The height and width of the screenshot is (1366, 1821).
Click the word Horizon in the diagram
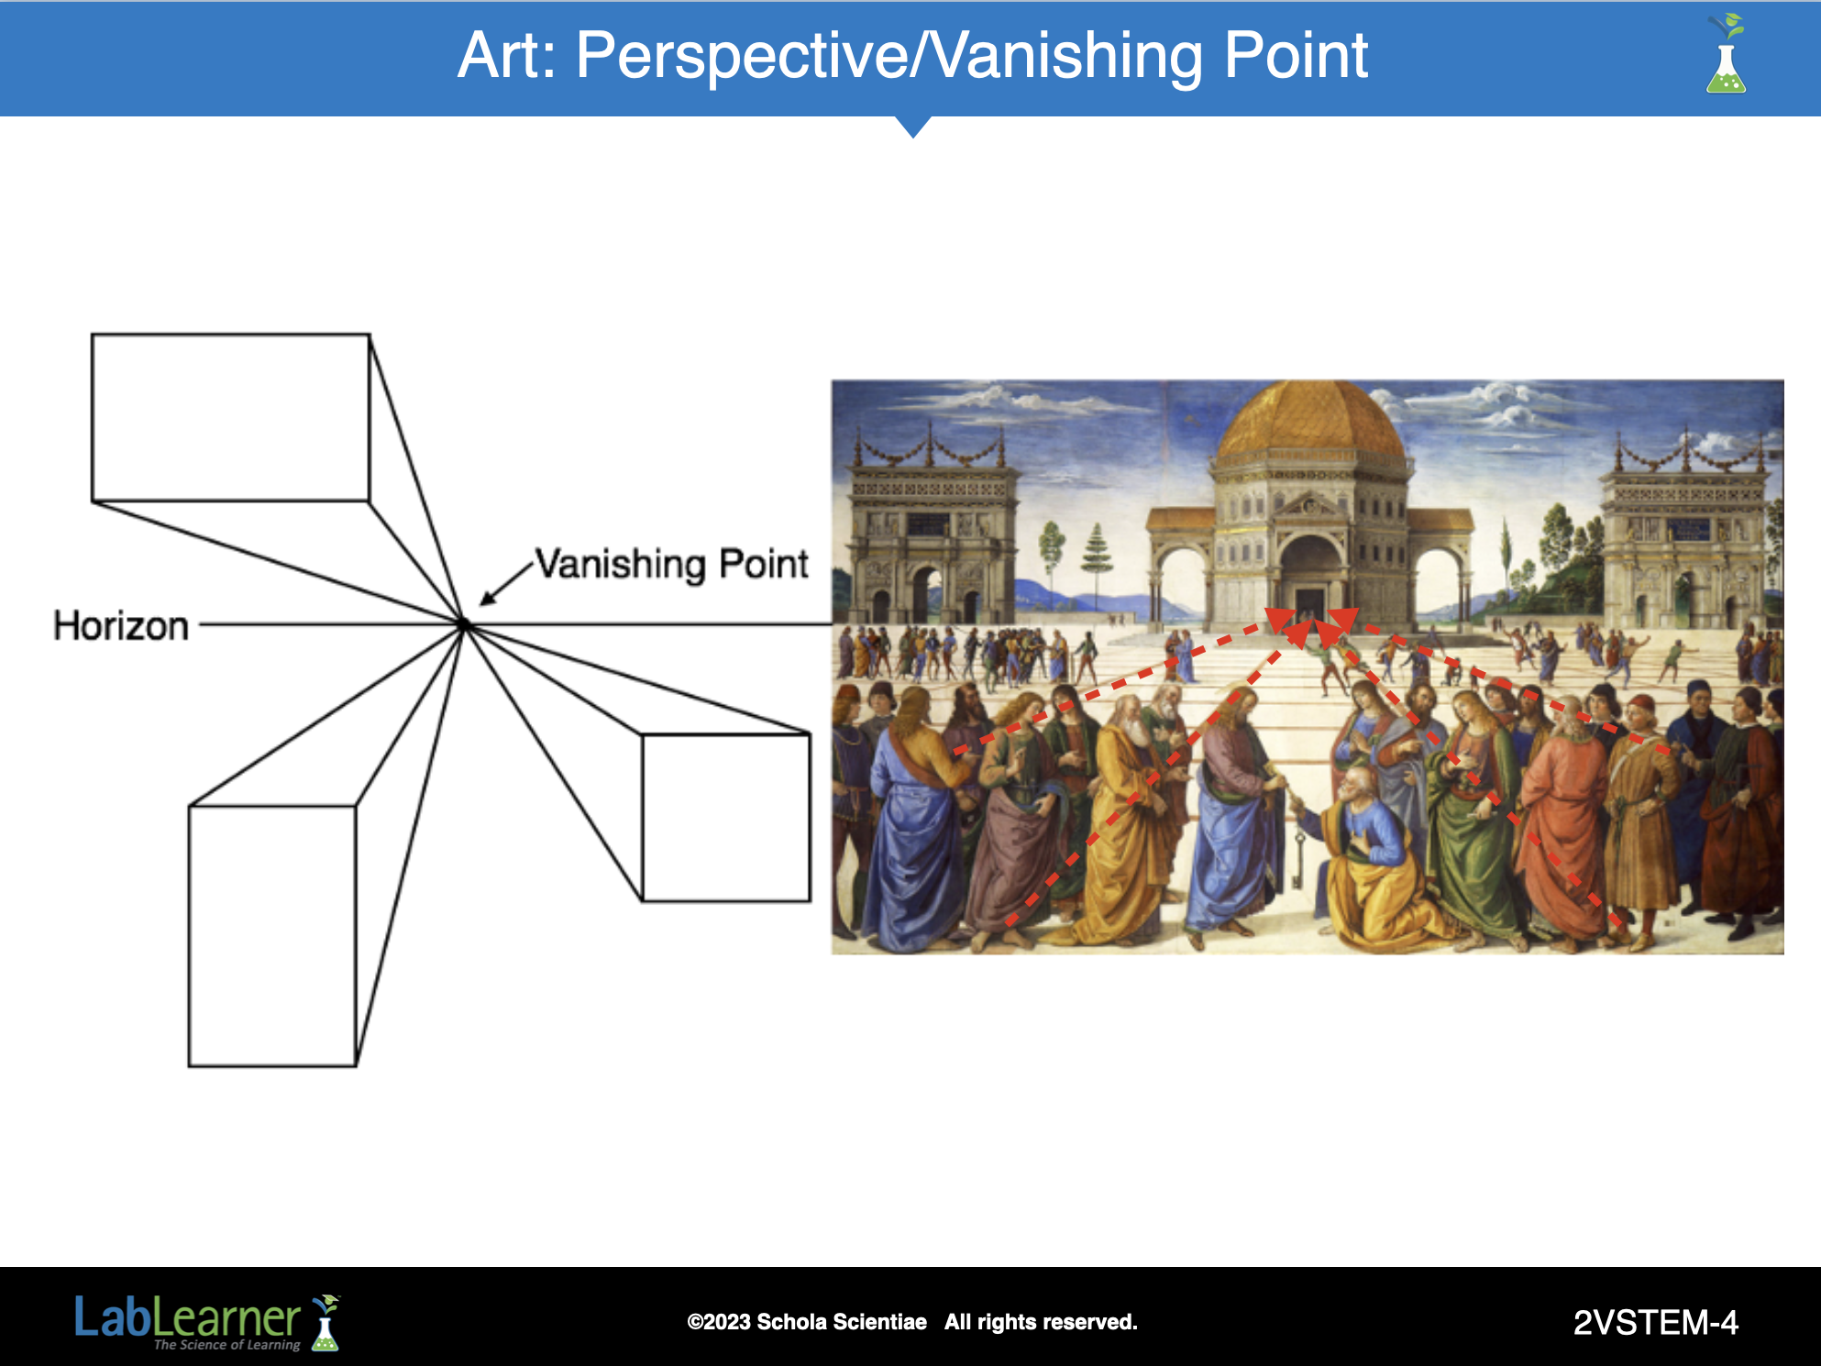click(x=121, y=626)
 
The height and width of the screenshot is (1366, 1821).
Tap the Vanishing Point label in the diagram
click(x=672, y=564)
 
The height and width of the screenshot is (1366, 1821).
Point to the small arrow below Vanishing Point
click(x=506, y=583)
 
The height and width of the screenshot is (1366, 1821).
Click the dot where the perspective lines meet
click(x=465, y=624)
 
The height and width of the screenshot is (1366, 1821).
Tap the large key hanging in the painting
click(x=1298, y=860)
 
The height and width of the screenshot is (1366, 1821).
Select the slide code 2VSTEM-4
click(x=1655, y=1322)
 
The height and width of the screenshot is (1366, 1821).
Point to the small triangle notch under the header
click(x=913, y=127)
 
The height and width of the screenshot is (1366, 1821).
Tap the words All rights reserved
click(x=1041, y=1322)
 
